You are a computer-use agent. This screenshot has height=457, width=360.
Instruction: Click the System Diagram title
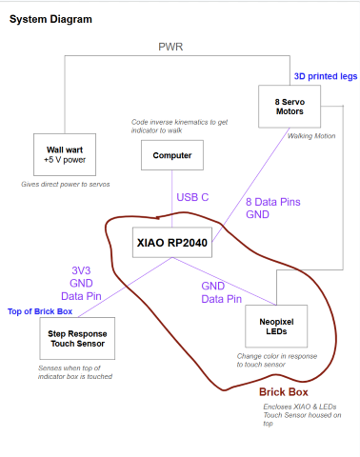pyautogui.click(x=53, y=18)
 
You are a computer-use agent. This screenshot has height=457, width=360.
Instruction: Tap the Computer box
pyautogui.click(x=171, y=155)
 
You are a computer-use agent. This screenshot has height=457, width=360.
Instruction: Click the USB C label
pyautogui.click(x=192, y=197)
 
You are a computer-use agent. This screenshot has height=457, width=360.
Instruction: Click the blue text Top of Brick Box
pyautogui.click(x=40, y=311)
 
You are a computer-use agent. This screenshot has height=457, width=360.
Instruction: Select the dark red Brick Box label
pyautogui.click(x=284, y=392)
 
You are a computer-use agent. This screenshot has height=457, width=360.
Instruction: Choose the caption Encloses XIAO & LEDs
pyautogui.click(x=299, y=407)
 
